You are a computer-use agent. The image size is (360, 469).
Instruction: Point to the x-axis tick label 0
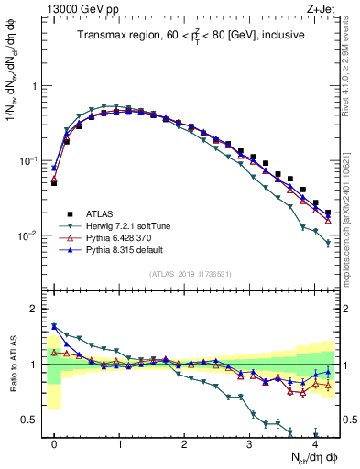click(x=55, y=443)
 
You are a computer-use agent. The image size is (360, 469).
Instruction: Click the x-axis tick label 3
click(x=249, y=443)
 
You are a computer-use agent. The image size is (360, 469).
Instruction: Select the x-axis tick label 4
click(x=314, y=443)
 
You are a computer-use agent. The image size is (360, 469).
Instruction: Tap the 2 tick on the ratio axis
click(x=35, y=309)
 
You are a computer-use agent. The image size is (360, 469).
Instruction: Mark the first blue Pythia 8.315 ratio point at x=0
click(x=55, y=326)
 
